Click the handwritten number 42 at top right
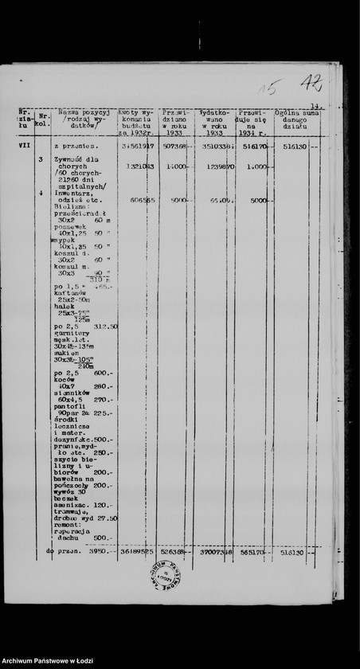click(311, 83)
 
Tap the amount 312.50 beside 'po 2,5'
click(105, 327)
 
